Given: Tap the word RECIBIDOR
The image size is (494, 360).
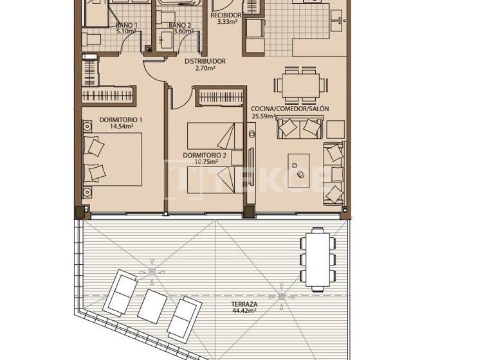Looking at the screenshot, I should (x=226, y=15).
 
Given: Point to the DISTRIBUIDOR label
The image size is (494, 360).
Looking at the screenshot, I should (x=205, y=61).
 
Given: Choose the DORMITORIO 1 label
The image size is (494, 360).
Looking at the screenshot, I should (x=120, y=120).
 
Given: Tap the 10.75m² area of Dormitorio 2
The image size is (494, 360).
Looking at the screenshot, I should (x=204, y=162).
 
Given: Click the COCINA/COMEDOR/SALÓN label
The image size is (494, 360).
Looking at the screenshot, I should (x=289, y=109).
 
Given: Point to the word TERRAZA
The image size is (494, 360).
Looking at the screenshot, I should (x=245, y=303).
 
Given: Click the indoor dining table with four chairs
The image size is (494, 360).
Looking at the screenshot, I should (x=297, y=84).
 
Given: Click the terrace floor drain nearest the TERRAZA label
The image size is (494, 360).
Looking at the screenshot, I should (x=282, y=296).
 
